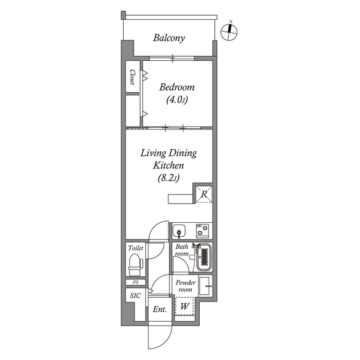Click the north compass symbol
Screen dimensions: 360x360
[230, 32]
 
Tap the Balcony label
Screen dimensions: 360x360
[169, 38]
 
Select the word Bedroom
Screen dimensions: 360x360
[177, 87]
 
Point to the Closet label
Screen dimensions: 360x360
[132, 77]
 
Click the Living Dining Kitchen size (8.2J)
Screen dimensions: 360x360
[168, 178]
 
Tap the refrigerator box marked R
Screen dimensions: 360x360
[202, 194]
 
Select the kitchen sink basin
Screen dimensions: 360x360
[178, 231]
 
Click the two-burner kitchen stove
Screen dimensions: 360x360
[202, 231]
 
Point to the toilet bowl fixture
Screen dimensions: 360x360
[134, 263]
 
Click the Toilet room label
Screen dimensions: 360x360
[136, 248]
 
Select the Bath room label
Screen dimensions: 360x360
[181, 250]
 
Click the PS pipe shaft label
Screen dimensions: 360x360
[136, 282]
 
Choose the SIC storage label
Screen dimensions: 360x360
[135, 295]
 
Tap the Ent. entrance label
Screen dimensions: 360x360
[159, 309]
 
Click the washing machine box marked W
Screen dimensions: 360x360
[183, 307]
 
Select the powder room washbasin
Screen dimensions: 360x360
[205, 285]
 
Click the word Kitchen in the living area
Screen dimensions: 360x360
[168, 166]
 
